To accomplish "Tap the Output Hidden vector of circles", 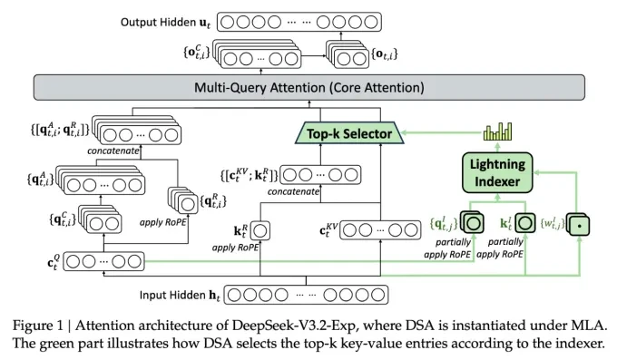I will tap(304, 19).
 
